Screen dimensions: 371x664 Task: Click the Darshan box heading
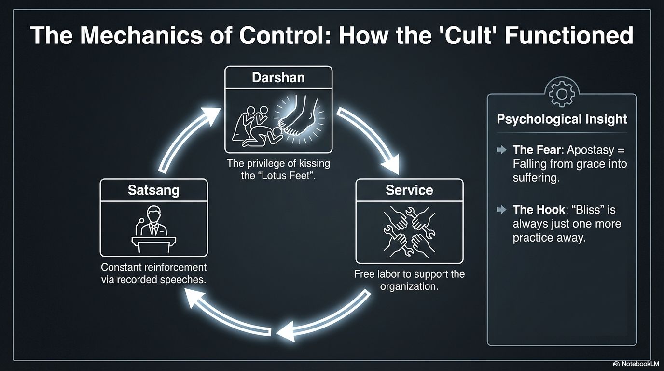click(x=278, y=78)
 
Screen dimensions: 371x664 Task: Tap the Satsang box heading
click(x=153, y=190)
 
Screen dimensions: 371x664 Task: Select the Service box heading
click(x=409, y=190)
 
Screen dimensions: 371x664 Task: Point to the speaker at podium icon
click(x=153, y=229)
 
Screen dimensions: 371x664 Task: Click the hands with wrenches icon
click(x=409, y=230)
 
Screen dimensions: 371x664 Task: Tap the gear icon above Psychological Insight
click(x=562, y=94)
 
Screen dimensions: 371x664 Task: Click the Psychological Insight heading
click(x=562, y=119)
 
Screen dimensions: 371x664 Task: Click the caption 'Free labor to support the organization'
click(x=409, y=280)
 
